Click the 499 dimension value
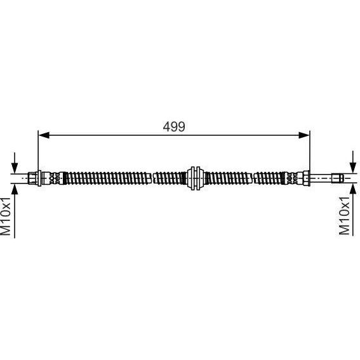[174, 127]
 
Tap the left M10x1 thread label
[6, 216]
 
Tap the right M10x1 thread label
[344, 216]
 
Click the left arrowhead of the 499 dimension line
[44, 135]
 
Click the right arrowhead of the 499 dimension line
[303, 135]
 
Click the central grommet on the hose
[195, 178]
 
